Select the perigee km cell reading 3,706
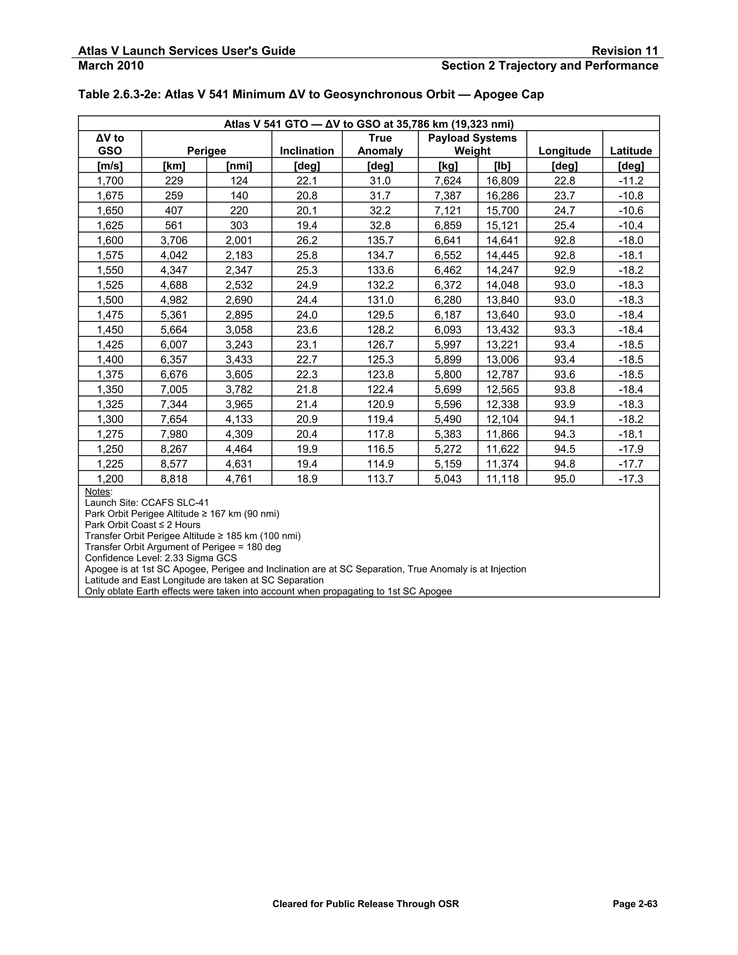click(174, 240)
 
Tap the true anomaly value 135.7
click(380, 240)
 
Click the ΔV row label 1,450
click(110, 330)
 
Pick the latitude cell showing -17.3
click(631, 479)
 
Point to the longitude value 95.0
click(564, 479)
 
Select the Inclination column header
click(307, 151)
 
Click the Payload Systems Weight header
click(472, 144)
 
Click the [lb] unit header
click(502, 166)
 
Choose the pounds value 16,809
click(502, 181)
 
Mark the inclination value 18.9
click(307, 479)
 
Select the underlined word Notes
click(98, 492)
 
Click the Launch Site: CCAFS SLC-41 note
click(147, 503)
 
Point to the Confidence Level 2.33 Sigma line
click(161, 558)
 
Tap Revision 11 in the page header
click(624, 51)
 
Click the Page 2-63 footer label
click(635, 904)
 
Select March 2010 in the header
click(111, 66)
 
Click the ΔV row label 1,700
click(110, 181)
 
